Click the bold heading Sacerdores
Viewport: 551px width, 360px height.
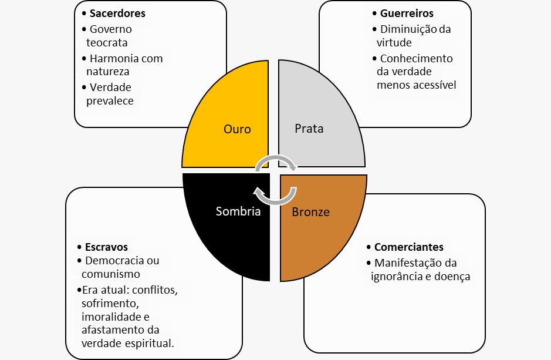(x=117, y=14)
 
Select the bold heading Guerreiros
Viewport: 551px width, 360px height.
(x=407, y=14)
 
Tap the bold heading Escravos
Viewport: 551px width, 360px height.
(x=106, y=247)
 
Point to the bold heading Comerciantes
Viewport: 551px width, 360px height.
(x=408, y=247)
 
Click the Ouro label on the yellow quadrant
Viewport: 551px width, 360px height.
(x=237, y=129)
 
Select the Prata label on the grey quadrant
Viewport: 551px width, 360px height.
(x=309, y=129)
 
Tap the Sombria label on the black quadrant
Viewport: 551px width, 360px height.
(x=238, y=211)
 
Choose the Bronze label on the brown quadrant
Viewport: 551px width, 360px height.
(x=310, y=211)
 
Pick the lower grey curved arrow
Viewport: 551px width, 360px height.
(x=275, y=196)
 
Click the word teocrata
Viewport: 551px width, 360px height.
(x=107, y=42)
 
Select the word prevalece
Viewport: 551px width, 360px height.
(x=110, y=101)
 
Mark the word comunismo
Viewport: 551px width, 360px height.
(x=111, y=274)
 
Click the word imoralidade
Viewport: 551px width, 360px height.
(x=111, y=317)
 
